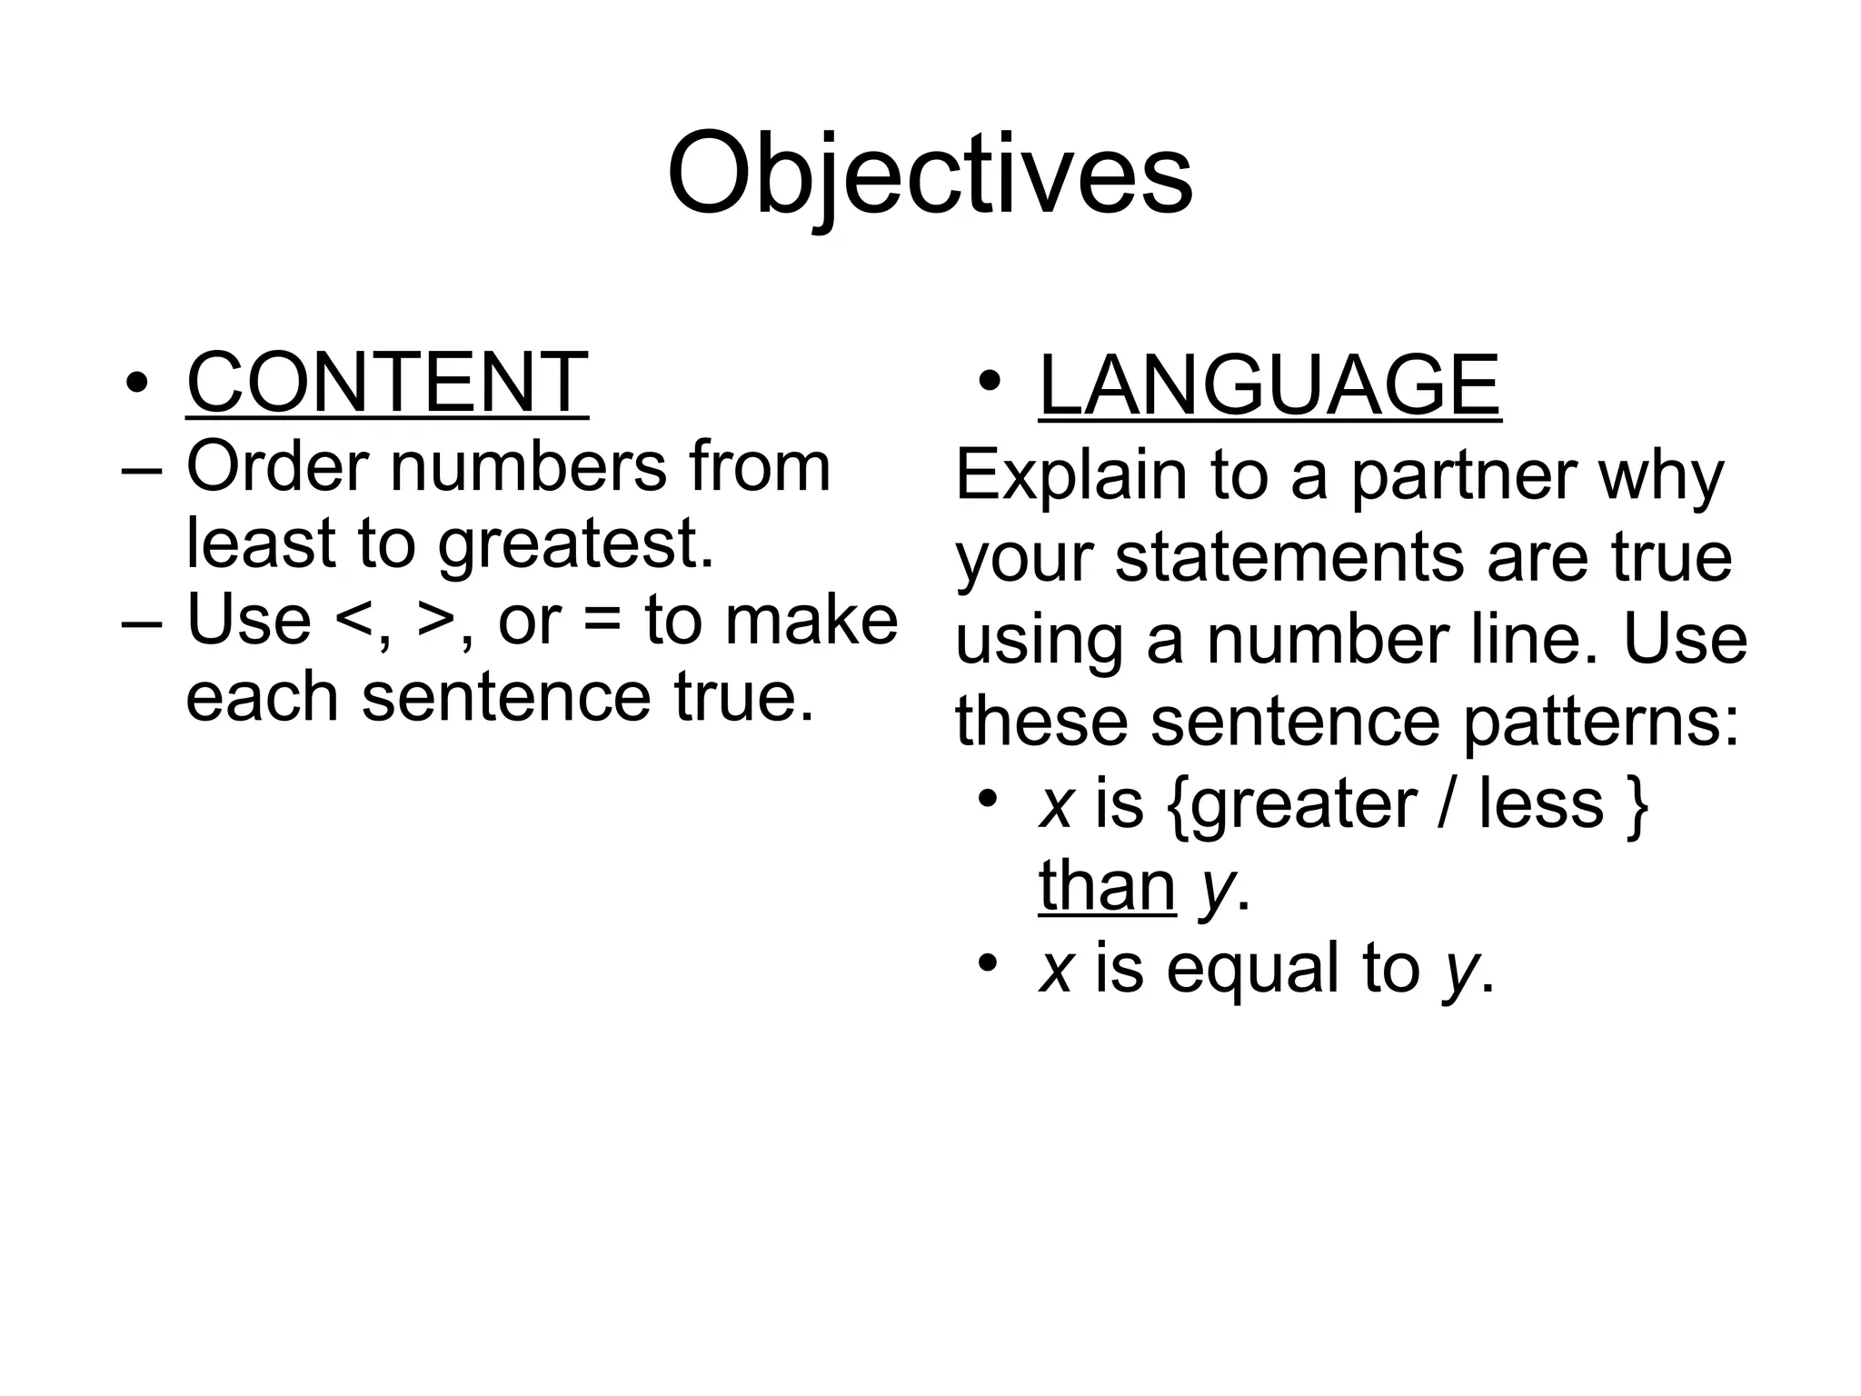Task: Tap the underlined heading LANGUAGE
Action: coord(1269,385)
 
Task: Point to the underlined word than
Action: coord(1107,885)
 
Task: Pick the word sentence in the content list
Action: coord(505,698)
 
